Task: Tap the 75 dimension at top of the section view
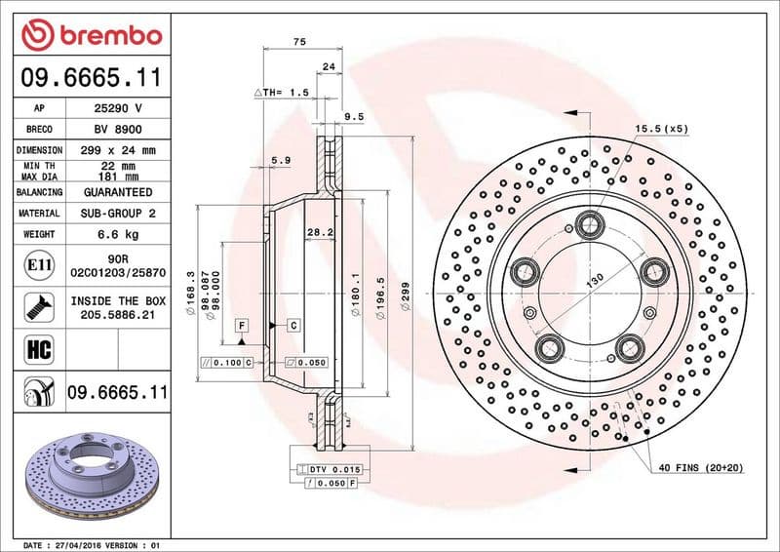300,41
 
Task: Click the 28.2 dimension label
320,233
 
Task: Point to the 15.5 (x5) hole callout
661,129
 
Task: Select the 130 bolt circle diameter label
594,278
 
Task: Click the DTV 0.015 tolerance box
334,469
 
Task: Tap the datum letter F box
241,324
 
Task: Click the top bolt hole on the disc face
589,225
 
